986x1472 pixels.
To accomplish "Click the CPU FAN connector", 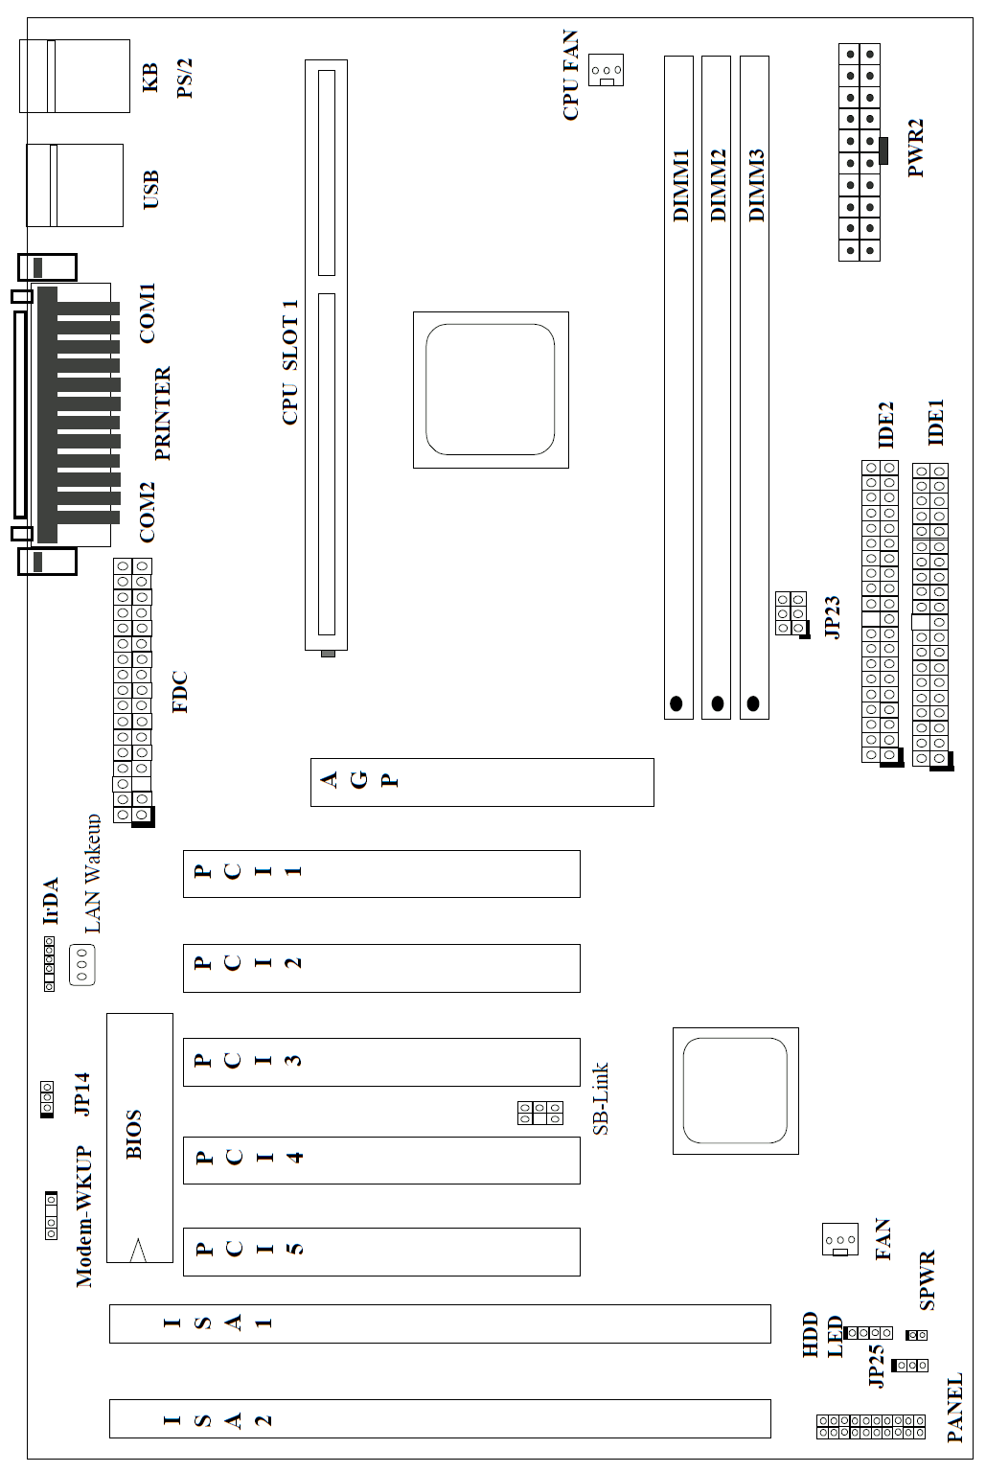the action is point(605,70).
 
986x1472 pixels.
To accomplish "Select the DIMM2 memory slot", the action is point(716,387).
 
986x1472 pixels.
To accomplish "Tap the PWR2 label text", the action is point(915,148).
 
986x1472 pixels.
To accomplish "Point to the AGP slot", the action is point(482,782).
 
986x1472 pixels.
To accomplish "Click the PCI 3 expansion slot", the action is point(381,1062).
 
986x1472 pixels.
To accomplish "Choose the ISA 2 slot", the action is point(440,1418).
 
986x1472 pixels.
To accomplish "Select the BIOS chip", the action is point(140,1138).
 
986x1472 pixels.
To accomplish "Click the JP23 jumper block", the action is point(791,613).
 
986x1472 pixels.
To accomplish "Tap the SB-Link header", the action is point(540,1113).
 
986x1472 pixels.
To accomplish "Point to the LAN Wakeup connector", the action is point(82,964).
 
